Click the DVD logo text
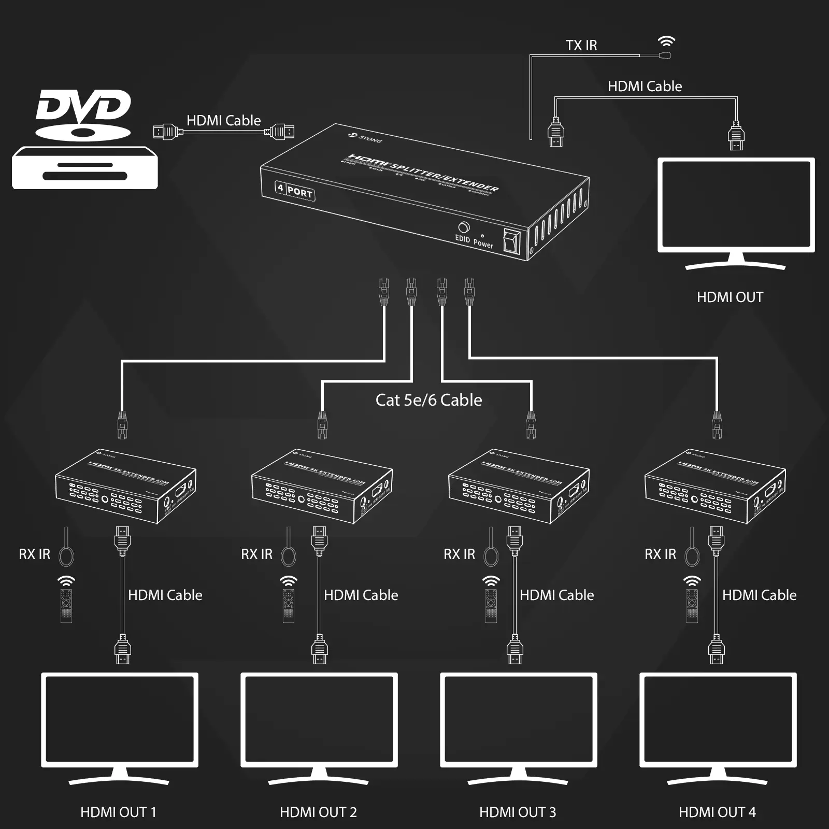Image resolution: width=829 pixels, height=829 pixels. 83,106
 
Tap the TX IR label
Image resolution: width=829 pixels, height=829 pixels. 581,46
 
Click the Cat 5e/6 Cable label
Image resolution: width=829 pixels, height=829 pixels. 428,400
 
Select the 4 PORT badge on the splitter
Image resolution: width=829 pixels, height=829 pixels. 295,191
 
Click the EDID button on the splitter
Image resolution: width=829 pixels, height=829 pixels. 464,227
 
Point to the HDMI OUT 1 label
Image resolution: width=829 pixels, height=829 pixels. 118,812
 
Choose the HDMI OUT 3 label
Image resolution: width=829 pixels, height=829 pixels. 518,812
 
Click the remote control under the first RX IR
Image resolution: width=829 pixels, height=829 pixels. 66,606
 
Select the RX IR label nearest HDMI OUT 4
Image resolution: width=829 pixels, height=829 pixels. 660,554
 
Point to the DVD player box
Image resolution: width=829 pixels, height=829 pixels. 84,168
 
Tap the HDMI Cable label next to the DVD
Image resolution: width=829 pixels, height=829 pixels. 223,121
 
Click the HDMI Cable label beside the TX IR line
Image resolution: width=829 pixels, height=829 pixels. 645,87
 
